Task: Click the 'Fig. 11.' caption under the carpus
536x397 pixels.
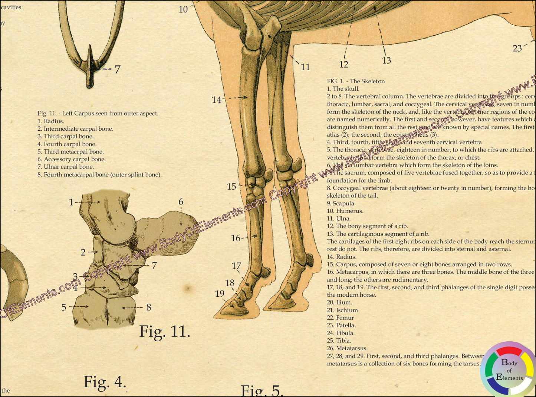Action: point(165,331)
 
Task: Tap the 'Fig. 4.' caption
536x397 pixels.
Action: point(105,381)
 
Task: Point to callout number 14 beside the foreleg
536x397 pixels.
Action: point(217,100)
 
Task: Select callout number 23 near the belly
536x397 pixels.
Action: point(517,48)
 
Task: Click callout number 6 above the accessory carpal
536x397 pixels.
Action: point(181,202)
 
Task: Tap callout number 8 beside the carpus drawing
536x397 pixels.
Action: point(148,307)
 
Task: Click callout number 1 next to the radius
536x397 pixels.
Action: point(71,202)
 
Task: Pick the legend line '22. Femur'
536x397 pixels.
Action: point(340,318)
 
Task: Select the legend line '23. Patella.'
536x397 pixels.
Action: point(341,325)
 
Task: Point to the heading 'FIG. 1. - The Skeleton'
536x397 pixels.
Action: point(356,81)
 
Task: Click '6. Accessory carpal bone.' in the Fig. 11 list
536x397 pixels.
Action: point(71,159)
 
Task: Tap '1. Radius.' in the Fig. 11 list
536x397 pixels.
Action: point(51,121)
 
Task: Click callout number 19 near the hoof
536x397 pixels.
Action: point(220,293)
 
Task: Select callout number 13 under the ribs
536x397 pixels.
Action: point(386,60)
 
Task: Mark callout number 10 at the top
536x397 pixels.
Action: point(183,9)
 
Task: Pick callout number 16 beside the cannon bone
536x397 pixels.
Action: point(236,238)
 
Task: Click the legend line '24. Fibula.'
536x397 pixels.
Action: point(341,333)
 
